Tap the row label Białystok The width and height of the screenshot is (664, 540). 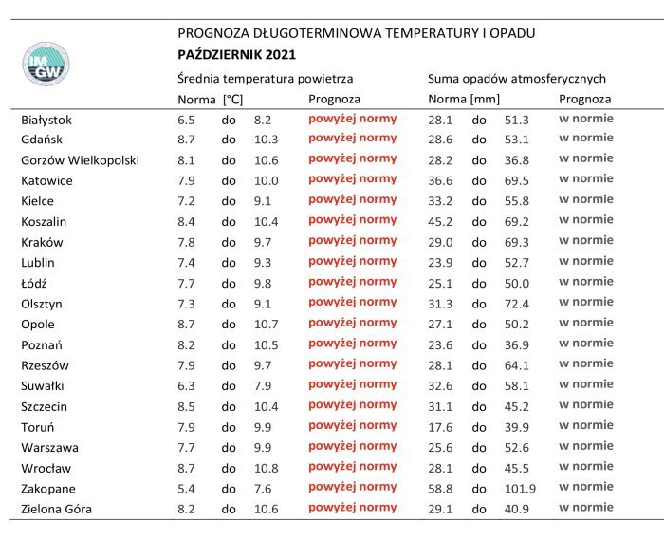click(46, 120)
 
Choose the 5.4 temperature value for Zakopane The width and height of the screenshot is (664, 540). click(187, 489)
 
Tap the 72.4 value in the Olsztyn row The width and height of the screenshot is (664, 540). click(517, 304)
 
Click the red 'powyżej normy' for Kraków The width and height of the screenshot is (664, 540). click(352, 241)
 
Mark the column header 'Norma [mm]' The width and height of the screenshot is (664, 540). click(463, 99)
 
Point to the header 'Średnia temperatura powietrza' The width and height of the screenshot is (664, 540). click(266, 79)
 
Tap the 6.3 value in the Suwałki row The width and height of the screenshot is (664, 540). click(187, 385)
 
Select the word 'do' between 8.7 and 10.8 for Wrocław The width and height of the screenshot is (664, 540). click(229, 468)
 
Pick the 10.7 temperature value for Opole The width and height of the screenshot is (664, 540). click(267, 324)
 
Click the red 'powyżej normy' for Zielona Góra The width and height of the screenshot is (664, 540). click(352, 508)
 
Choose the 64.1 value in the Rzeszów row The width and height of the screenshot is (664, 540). click(517, 365)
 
